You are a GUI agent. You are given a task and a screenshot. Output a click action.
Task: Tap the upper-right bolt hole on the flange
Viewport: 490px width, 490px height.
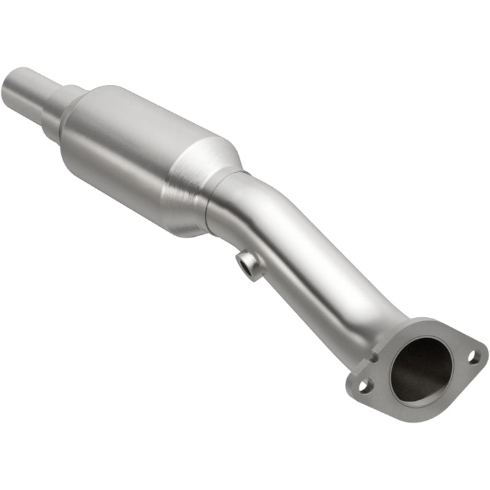click(x=475, y=355)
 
